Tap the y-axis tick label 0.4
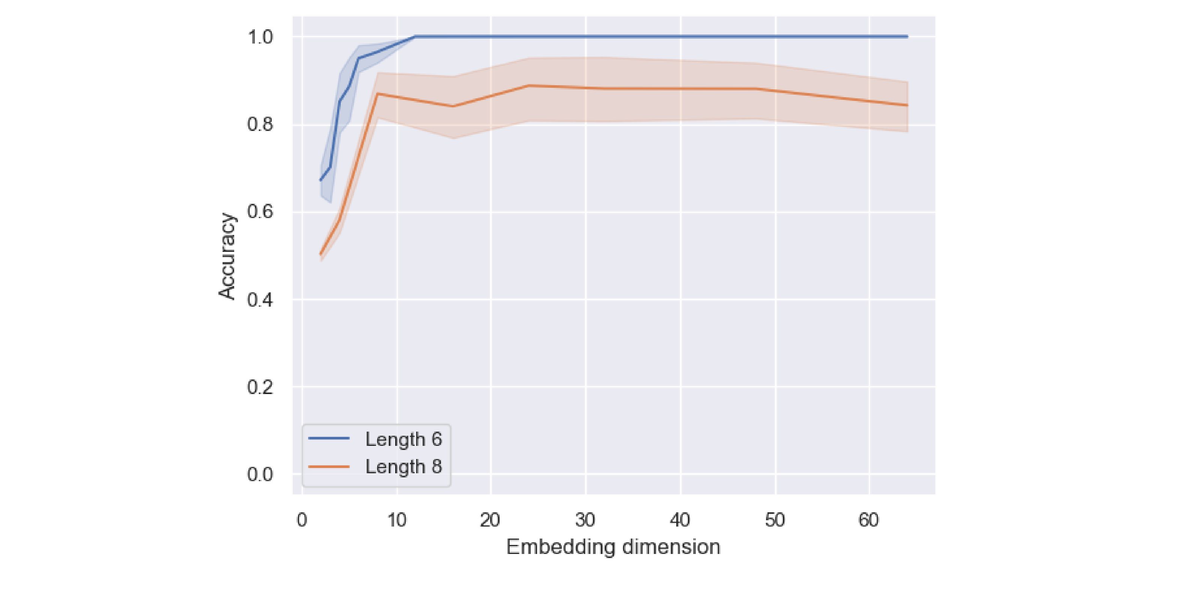(260, 299)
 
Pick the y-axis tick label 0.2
(260, 387)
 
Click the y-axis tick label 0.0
(260, 474)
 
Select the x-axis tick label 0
(302, 520)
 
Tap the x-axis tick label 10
(397, 520)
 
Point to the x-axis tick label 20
(490, 520)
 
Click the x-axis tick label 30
(585, 520)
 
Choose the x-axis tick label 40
(680, 520)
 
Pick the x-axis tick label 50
(775, 520)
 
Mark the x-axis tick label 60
(869, 520)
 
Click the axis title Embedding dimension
(613, 547)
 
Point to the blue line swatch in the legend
(329, 438)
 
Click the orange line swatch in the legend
(329, 467)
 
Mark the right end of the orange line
(907, 105)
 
